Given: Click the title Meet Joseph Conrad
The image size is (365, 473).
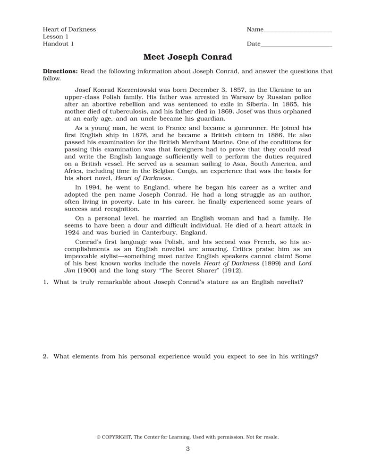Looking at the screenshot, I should (187, 57).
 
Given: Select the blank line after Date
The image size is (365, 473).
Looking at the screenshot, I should (296, 45).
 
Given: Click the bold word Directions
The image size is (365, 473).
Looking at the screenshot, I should (60, 71).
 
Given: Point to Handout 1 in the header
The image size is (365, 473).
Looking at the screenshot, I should (58, 44).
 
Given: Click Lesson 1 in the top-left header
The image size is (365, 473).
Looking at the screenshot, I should (56, 37).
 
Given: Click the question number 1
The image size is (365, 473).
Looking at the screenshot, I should (45, 282).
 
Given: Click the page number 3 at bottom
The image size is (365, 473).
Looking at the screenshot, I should (187, 449).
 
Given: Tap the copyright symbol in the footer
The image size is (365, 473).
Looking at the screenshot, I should (99, 437).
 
